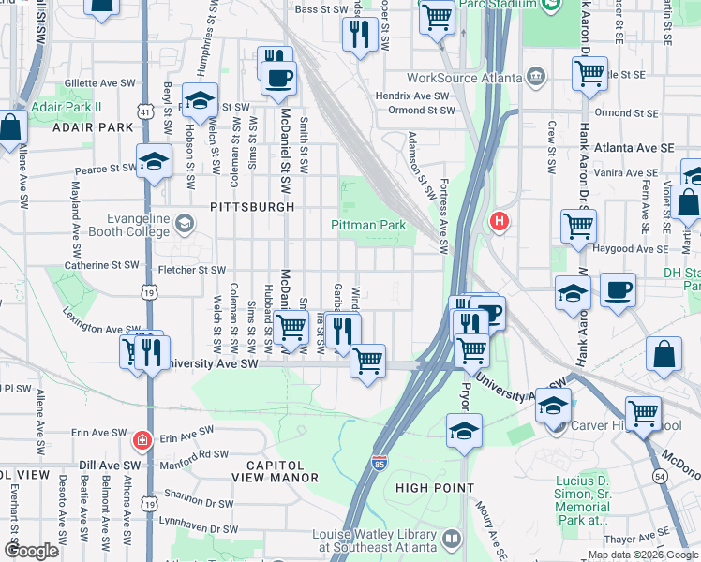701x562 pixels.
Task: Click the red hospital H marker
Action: (x=500, y=222)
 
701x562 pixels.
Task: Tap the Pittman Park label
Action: (x=368, y=225)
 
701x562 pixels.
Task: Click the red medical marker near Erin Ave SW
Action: (x=141, y=438)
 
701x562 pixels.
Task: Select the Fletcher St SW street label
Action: (x=187, y=270)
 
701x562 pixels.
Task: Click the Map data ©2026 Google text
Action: (x=643, y=555)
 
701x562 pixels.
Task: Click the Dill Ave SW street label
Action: (x=108, y=465)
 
